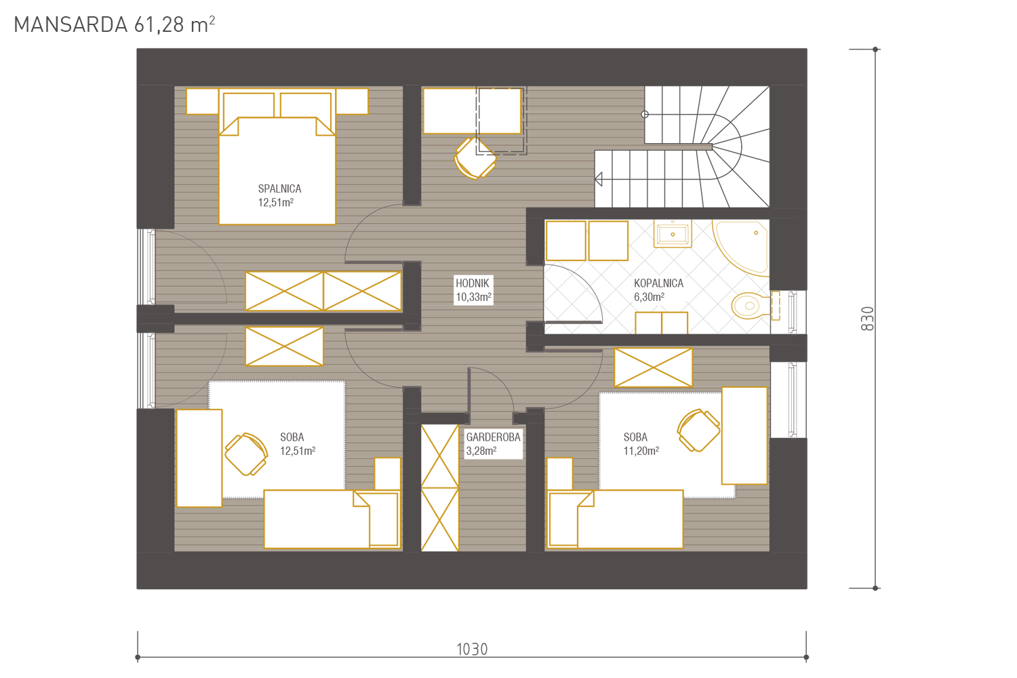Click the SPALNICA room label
coord(279,188)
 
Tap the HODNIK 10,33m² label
coord(473,290)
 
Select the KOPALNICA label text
coord(658,283)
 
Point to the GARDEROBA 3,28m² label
coord(493,443)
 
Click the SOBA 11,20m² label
coord(641,443)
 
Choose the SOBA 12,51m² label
coord(298,443)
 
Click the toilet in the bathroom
coord(756,305)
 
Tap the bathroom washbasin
coord(673,234)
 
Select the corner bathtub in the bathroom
coord(741,248)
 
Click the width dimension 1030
coord(472,650)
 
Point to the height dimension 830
coord(867,319)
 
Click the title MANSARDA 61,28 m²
coord(115,24)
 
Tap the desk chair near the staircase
coord(475,159)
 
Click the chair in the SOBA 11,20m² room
coord(698,431)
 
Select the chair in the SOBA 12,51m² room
coord(246,454)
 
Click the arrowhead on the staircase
coord(599,180)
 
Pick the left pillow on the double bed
coord(249,105)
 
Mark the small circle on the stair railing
coord(645,115)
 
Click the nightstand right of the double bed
coord(352,101)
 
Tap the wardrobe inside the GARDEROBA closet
coord(440,488)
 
